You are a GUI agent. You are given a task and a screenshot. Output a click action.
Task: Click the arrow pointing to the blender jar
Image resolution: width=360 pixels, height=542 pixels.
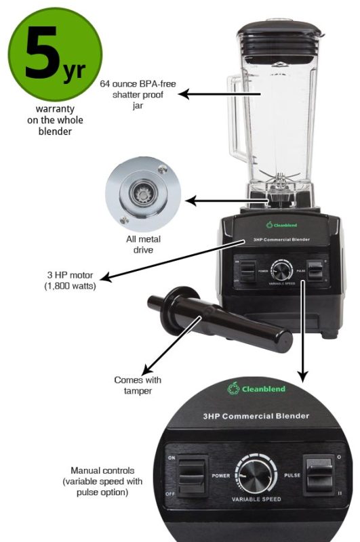click(203, 96)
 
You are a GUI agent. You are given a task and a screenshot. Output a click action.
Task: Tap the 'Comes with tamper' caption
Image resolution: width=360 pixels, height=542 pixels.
click(138, 385)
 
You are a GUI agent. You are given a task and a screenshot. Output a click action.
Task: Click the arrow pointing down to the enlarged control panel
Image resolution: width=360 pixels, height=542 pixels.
click(303, 332)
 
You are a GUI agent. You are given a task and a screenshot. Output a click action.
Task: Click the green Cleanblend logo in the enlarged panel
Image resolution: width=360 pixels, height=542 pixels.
click(256, 388)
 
